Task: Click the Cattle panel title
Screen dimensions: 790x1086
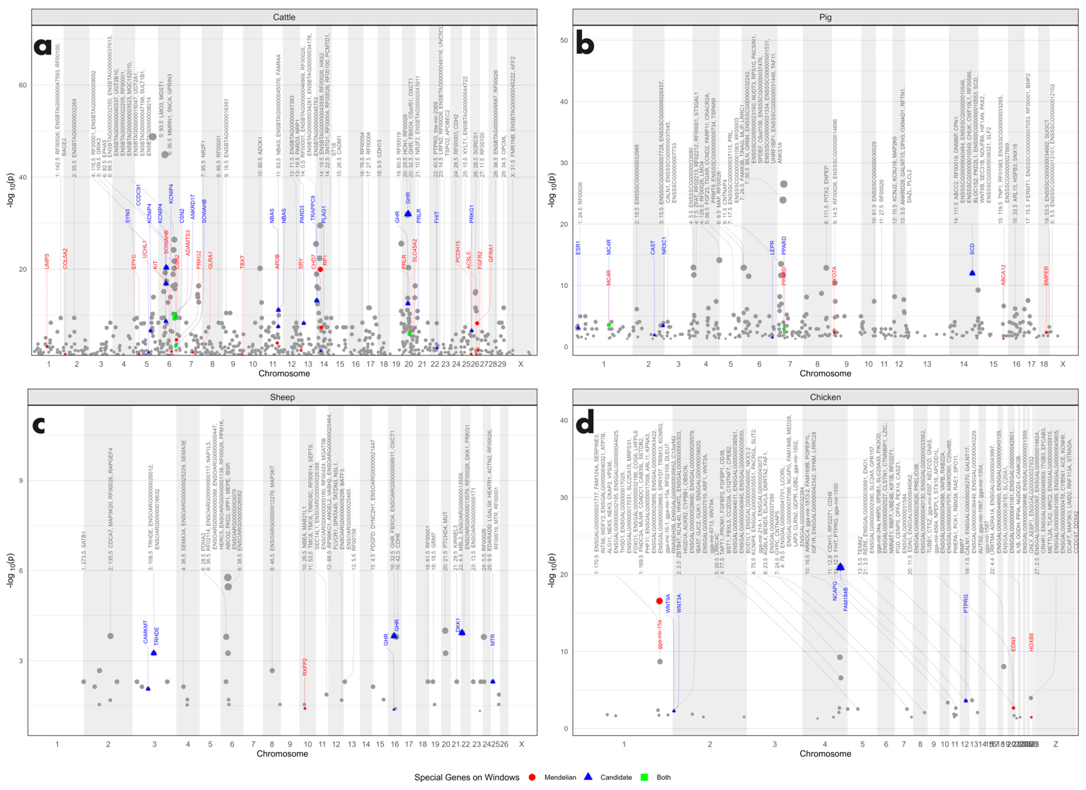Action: coord(284,17)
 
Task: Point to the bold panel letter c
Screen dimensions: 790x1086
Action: coord(39,424)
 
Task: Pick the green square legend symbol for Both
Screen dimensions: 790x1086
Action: coord(644,777)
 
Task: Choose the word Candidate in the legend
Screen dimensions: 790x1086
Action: coord(616,777)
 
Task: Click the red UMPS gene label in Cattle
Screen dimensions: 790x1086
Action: coord(47,261)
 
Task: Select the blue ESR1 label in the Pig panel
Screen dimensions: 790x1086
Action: coord(578,248)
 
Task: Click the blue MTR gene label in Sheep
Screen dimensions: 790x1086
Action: coord(493,640)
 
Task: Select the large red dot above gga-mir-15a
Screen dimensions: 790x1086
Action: coord(659,601)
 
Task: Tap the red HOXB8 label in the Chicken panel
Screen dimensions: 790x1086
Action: coord(1031,642)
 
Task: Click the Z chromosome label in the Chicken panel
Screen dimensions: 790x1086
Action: coord(1055,744)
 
